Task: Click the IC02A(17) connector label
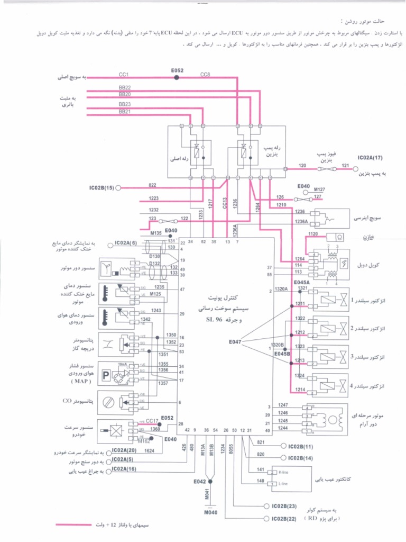370,158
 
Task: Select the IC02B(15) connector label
102,187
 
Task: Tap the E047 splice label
235,341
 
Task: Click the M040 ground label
210,513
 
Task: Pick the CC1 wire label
124,75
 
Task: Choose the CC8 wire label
205,75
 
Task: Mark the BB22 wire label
125,87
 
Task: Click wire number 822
152,185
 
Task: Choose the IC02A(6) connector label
126,243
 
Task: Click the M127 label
320,189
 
